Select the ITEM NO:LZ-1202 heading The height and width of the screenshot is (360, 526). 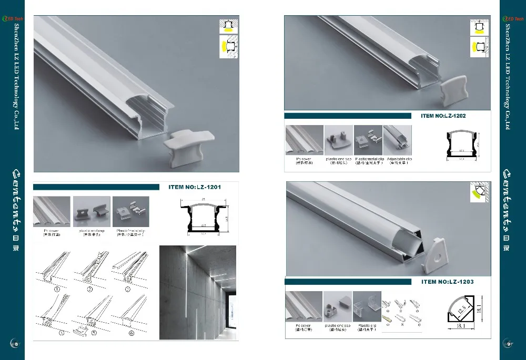[443, 116]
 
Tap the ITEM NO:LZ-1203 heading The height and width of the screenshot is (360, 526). [447, 282]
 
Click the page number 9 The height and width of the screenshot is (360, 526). [509, 344]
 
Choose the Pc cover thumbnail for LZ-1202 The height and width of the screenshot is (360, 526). [304, 140]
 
